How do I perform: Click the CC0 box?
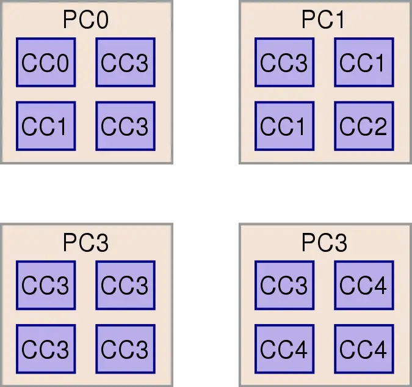coord(45,62)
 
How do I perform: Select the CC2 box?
coord(363,127)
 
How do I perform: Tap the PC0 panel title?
coord(85,20)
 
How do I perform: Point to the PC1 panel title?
coord(323,20)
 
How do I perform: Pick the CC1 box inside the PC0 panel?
coord(45,127)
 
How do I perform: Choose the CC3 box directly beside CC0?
coord(125,62)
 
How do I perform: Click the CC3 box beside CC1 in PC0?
coord(125,127)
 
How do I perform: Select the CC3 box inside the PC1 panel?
coord(284,62)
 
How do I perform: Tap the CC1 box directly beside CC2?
coord(284,127)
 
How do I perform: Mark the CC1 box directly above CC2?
coord(363,62)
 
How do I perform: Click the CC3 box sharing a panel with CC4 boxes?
coord(284,285)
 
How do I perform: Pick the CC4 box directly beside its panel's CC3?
coord(363,285)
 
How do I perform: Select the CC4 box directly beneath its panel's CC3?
coord(284,349)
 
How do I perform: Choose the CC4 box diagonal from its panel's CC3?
coord(363,349)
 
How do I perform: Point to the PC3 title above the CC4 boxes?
coord(323,243)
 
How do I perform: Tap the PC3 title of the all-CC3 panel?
coord(85,243)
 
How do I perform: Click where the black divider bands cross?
coord(206,193)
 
